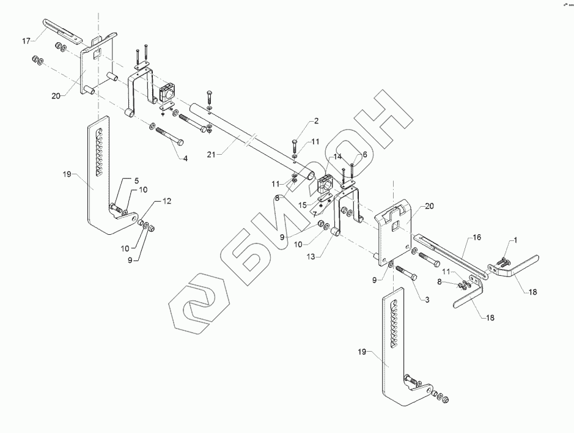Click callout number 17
click(26, 40)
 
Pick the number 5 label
click(137, 180)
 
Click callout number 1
click(514, 240)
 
